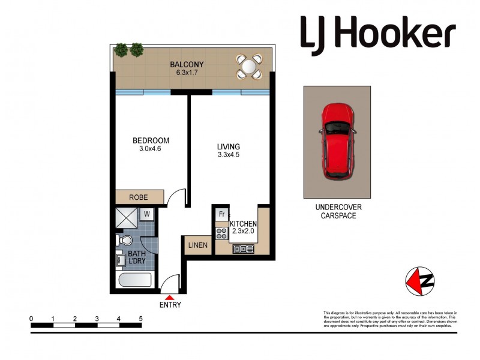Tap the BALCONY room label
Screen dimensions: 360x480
pos(187,64)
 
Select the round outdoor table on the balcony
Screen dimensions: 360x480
pos(249,66)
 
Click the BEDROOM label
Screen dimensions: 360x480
pos(151,141)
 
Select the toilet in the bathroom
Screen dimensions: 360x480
pos(124,241)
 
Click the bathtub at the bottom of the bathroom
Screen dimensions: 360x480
pos(135,281)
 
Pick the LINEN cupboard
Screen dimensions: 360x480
pos(197,245)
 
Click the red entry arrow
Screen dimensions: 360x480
pos(170,296)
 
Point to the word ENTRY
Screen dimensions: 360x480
pos(170,305)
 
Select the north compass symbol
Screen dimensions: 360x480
pos(420,280)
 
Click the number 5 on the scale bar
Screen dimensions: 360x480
pos(140,319)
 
